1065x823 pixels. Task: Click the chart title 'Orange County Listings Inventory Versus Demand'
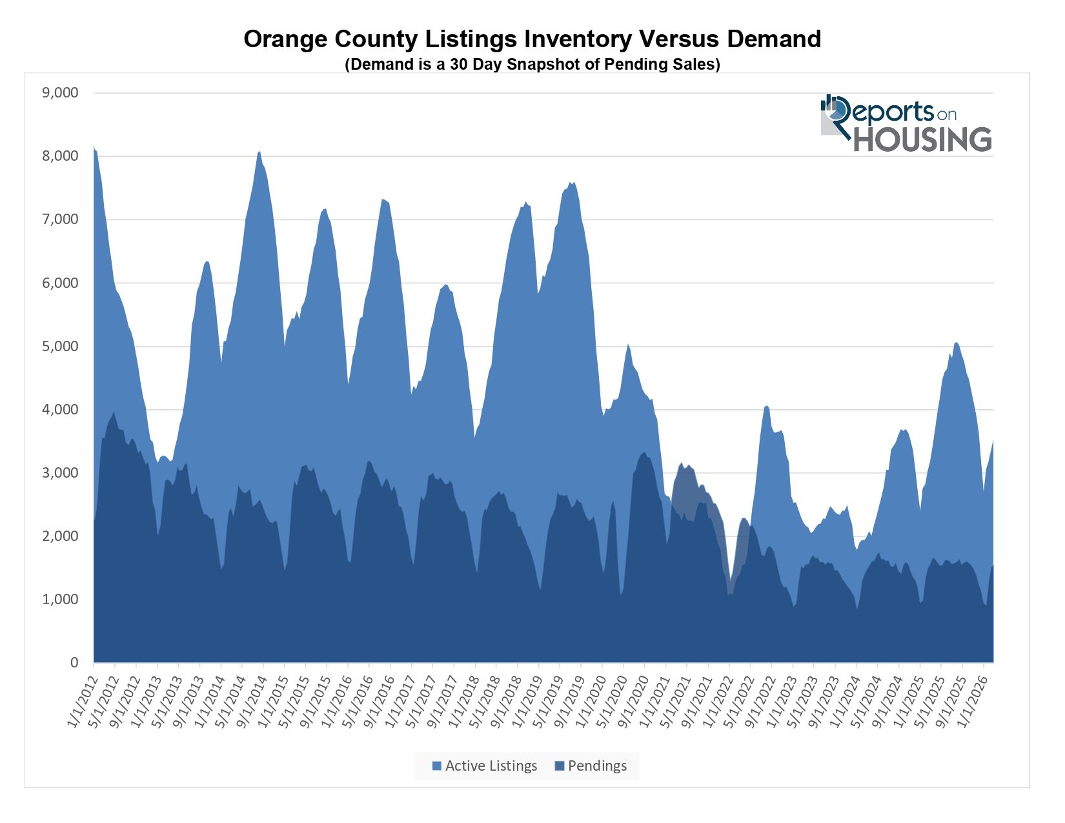click(532, 39)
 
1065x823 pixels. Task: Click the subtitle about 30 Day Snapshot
click(532, 65)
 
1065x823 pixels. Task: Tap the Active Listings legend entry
click(484, 766)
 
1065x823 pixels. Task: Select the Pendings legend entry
click(591, 766)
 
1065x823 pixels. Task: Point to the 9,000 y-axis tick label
click(60, 93)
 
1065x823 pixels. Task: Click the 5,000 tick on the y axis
click(60, 347)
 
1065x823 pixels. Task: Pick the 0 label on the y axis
click(74, 663)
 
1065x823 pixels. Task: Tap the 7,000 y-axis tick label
click(60, 219)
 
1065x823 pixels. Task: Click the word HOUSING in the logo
click(923, 139)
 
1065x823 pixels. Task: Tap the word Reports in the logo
click(884, 112)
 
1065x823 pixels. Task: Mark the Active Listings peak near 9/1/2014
click(259, 152)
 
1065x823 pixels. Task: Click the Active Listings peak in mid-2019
click(572, 183)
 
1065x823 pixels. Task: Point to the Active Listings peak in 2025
click(957, 343)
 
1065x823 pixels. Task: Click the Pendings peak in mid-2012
click(114, 412)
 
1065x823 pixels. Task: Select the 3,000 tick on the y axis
click(60, 473)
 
